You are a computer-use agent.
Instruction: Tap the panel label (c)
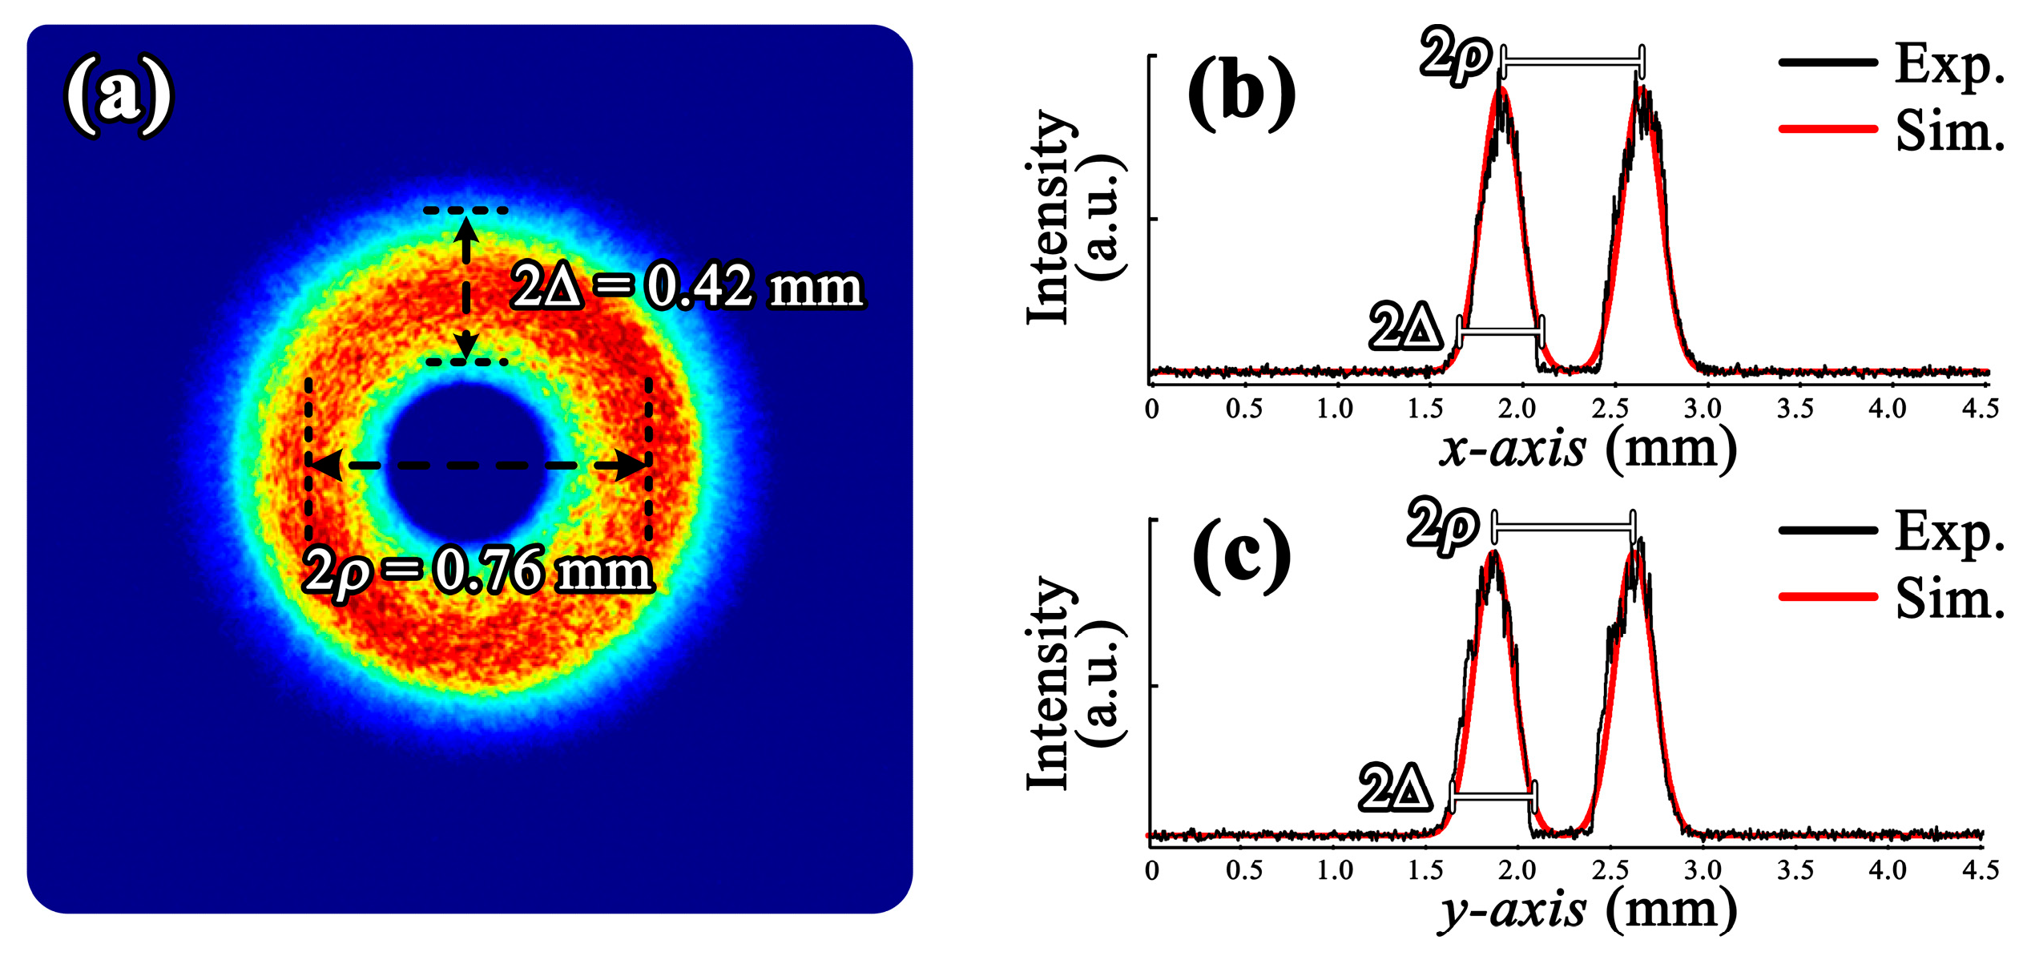1241,555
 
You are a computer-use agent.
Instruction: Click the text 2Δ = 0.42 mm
687,286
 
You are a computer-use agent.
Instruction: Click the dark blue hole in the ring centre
467,463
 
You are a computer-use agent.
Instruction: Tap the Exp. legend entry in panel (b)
1891,63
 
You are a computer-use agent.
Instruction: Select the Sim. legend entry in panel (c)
1891,598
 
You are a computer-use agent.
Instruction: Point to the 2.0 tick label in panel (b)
1517,409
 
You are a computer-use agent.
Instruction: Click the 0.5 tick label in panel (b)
1243,409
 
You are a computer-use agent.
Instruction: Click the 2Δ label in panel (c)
1395,789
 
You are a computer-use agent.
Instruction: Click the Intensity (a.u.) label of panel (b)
1074,218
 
